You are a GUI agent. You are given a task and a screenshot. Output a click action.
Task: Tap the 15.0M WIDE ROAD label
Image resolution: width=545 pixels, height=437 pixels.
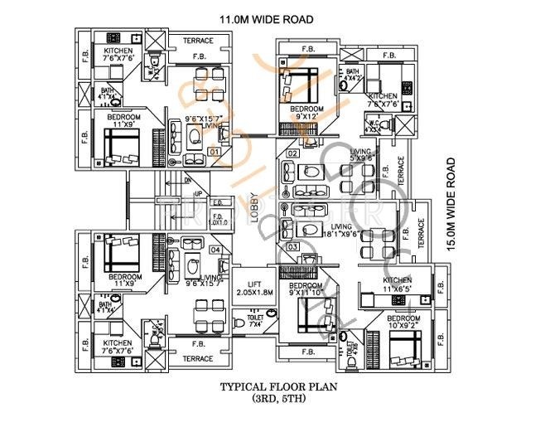click(x=451, y=204)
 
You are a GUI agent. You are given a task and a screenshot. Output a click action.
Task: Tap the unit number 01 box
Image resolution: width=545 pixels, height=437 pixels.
click(x=214, y=153)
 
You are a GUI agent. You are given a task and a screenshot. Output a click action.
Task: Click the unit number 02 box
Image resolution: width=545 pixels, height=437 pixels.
click(x=292, y=153)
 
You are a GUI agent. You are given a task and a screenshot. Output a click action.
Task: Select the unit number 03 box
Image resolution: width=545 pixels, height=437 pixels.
click(x=292, y=246)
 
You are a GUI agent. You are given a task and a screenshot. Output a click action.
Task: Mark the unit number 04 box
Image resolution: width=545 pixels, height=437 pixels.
click(x=215, y=250)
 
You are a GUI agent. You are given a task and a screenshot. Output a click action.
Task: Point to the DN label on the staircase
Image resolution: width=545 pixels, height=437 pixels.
click(x=187, y=180)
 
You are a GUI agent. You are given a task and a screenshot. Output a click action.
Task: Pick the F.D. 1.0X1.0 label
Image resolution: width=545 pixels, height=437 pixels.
click(x=219, y=219)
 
